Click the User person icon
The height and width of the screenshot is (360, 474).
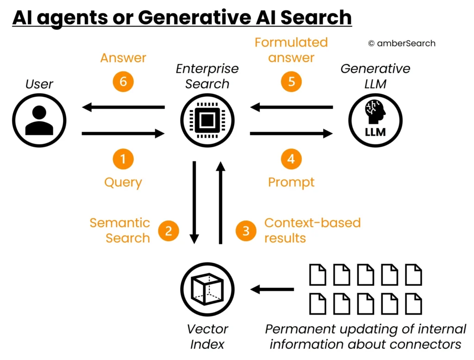pos(39,121)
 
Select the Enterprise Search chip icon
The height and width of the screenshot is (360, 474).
pos(207,121)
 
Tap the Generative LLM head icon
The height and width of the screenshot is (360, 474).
pos(375,121)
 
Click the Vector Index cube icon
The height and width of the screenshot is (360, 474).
pos(207,289)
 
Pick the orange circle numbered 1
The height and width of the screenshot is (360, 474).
pos(123,160)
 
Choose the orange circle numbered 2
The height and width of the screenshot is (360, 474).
pos(168,231)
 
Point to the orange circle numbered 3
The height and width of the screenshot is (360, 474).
pos(246,231)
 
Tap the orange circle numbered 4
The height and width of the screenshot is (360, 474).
pos(291,160)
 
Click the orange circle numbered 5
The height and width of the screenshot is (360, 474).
pos(291,81)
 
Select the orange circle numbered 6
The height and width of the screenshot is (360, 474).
pos(123,81)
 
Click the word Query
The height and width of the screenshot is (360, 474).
pos(123,182)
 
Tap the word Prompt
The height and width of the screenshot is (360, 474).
pos(291,182)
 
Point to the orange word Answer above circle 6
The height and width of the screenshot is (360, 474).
pos(123,58)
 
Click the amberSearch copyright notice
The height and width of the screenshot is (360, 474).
pos(401,43)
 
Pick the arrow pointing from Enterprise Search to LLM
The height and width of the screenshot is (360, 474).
pos(291,134)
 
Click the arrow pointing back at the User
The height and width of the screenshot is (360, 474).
pos(123,108)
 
